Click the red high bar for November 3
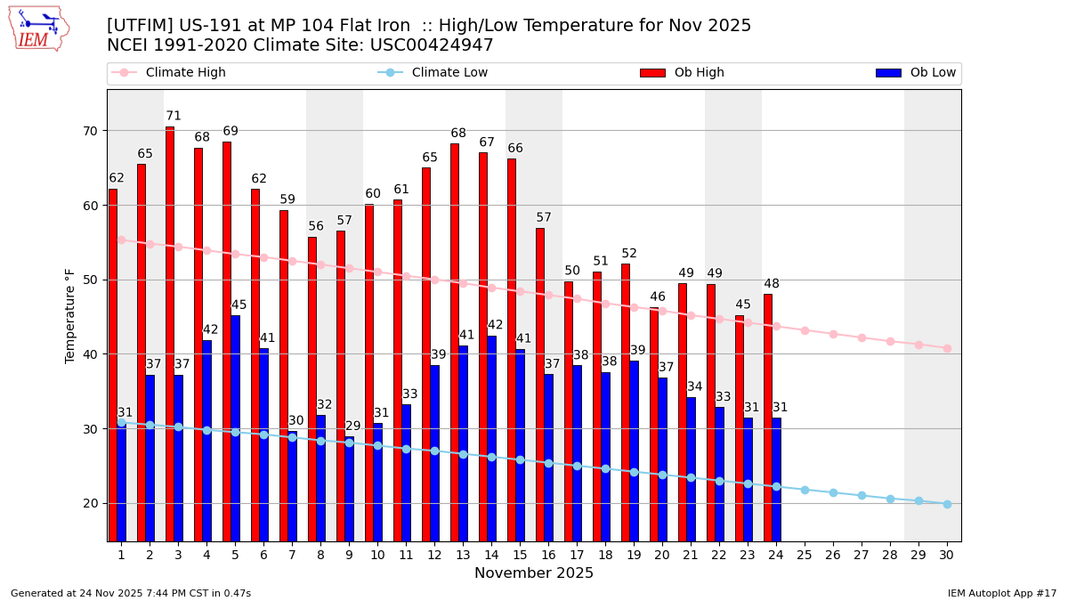170,334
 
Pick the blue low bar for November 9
349,489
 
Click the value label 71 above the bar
174,116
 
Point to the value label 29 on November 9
353,426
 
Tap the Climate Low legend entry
449,73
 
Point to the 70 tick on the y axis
91,131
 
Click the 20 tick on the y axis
91,503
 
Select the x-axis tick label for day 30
947,555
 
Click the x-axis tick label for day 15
520,555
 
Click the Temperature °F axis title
71,315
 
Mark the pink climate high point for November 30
947,348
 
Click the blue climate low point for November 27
862,495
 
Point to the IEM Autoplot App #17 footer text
1001,593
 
